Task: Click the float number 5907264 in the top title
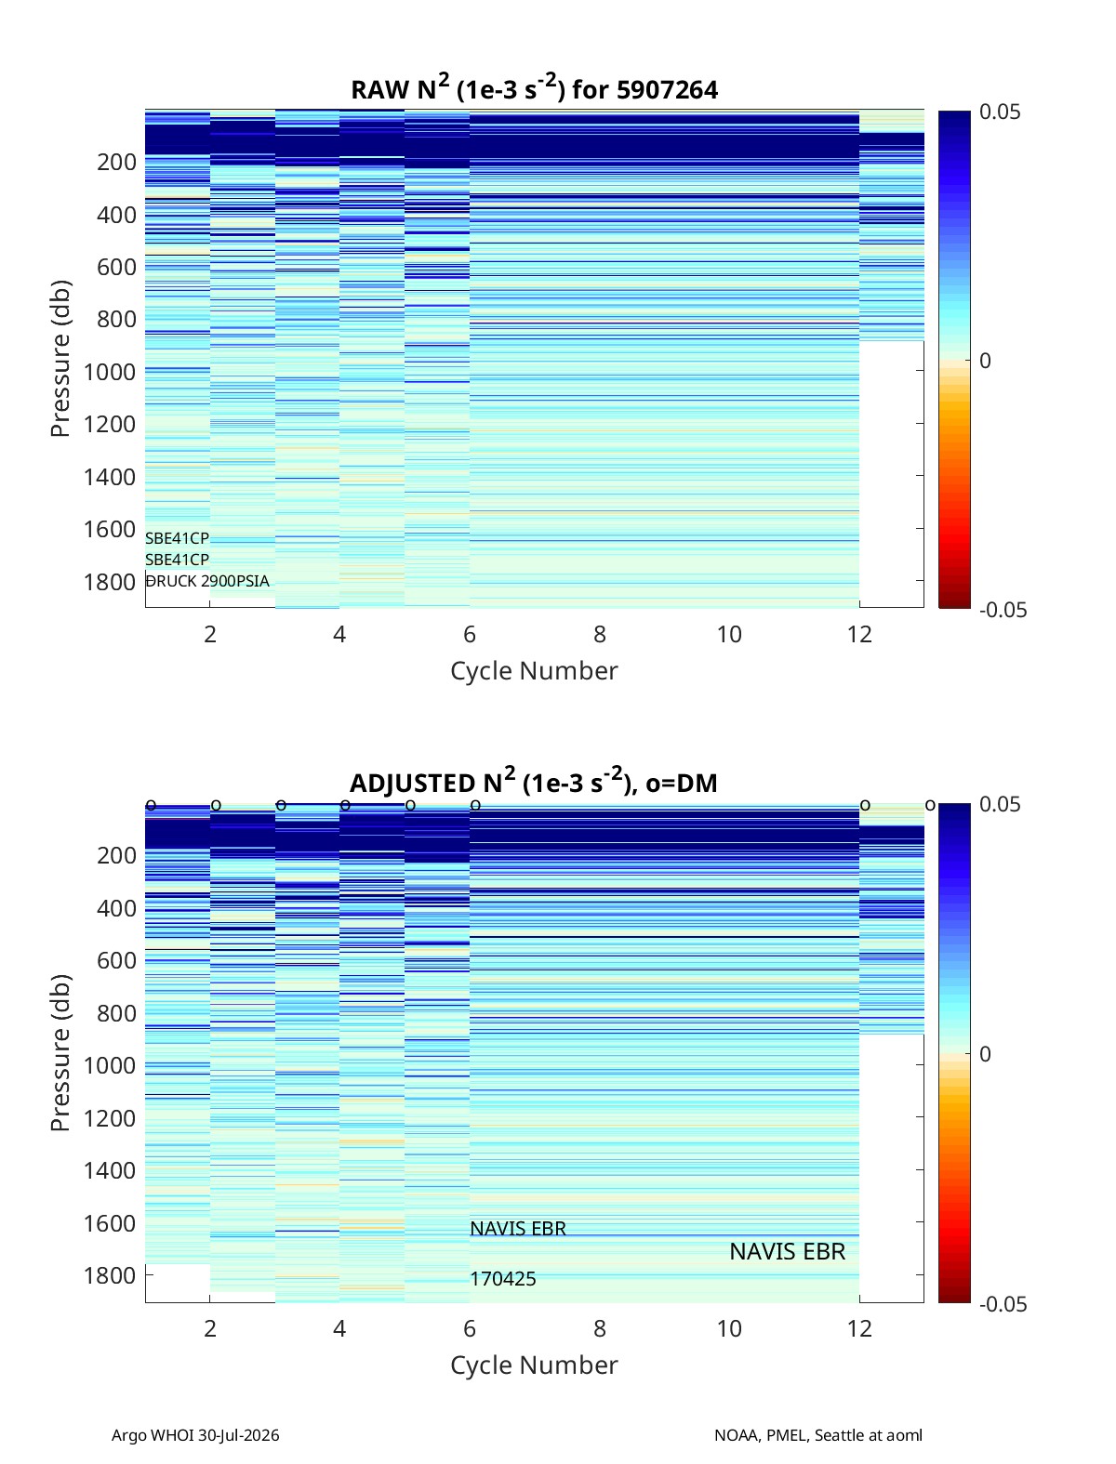pyautogui.click(x=667, y=90)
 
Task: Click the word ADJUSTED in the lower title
pyautogui.click(x=412, y=783)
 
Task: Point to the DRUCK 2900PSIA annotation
pyautogui.click(x=207, y=581)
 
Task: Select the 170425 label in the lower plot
pyautogui.click(x=503, y=1279)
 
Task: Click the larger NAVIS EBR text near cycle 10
pyautogui.click(x=787, y=1251)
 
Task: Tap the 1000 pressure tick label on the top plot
pyautogui.click(x=110, y=372)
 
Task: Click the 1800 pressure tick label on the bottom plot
pyautogui.click(x=110, y=1275)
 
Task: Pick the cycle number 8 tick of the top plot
pyautogui.click(x=600, y=634)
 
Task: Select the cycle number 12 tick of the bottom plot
pyautogui.click(x=859, y=1328)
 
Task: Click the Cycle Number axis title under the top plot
pyautogui.click(x=535, y=670)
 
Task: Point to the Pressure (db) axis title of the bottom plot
pyautogui.click(x=60, y=1052)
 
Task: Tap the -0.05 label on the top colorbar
pyautogui.click(x=1003, y=610)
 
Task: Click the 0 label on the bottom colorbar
pyautogui.click(x=985, y=1054)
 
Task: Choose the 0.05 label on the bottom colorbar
pyautogui.click(x=1000, y=804)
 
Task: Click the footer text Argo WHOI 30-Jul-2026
pyautogui.click(x=195, y=1434)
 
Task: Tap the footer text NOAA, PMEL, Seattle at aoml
pyautogui.click(x=818, y=1434)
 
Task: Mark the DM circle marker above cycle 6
pyautogui.click(x=475, y=805)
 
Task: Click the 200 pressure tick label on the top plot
pyautogui.click(x=117, y=162)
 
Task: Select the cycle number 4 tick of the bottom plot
pyautogui.click(x=339, y=1328)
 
